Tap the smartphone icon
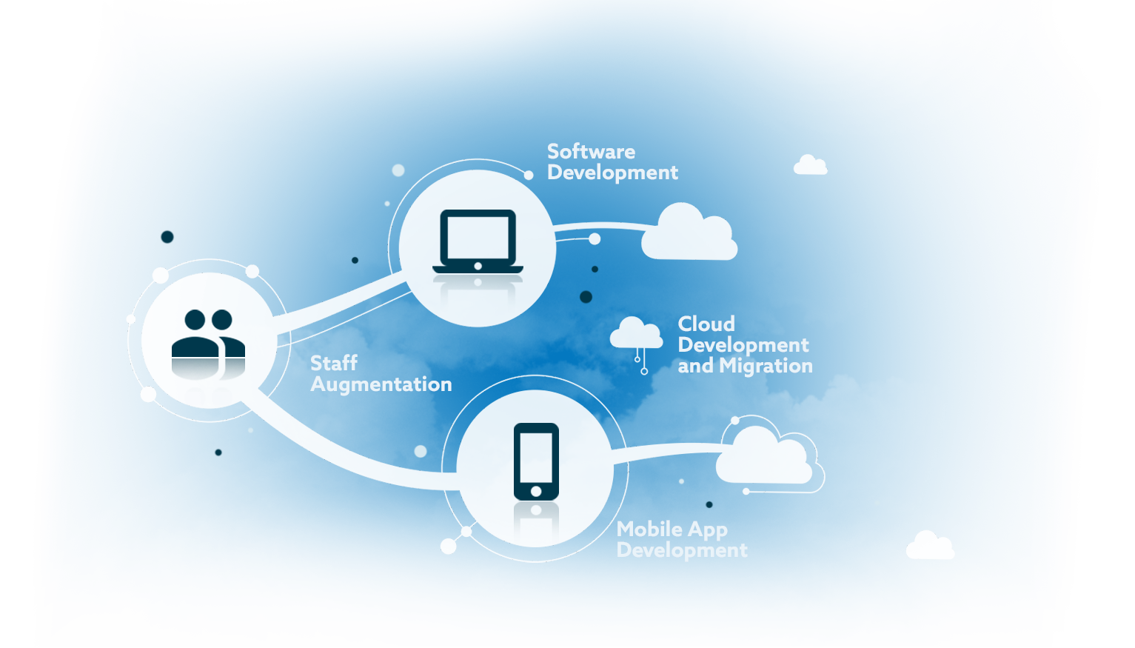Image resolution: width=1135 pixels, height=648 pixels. pyautogui.click(x=536, y=461)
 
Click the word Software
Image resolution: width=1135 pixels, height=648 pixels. pyautogui.click(x=591, y=152)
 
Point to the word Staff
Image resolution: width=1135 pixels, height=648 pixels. pyautogui.click(x=334, y=363)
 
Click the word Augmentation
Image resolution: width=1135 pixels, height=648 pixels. pyautogui.click(x=381, y=384)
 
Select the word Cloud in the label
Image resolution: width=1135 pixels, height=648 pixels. pyautogui.click(x=706, y=324)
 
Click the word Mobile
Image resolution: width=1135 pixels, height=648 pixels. pyautogui.click(x=649, y=529)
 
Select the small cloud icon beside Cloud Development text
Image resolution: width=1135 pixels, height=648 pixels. pyautogui.click(x=636, y=334)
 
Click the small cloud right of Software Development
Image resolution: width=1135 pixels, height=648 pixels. pyautogui.click(x=810, y=165)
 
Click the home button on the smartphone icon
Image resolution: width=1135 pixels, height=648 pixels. pyautogui.click(x=536, y=491)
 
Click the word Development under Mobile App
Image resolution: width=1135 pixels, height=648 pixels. pyautogui.click(x=682, y=550)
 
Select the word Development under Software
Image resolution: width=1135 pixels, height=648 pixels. pyautogui.click(x=612, y=173)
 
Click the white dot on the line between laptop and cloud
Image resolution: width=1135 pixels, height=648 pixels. pyautogui.click(x=595, y=239)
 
